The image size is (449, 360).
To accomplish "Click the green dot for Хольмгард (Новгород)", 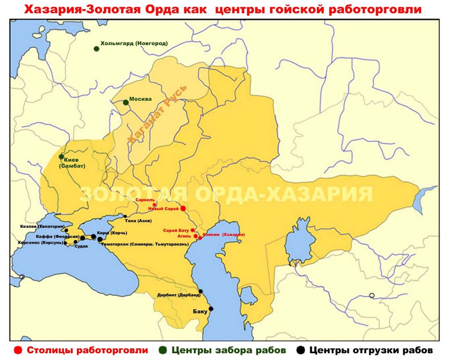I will pos(97,49).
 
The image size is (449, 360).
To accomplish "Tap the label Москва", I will pos(140,99).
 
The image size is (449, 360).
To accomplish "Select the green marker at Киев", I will pos(61,156).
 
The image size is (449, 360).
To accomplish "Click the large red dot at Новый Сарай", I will pos(183,208).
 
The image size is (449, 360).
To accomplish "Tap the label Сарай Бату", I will pos(176,230).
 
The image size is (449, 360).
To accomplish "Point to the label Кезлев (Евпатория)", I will pos(42,227).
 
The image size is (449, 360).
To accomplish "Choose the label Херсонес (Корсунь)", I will pos(40,242).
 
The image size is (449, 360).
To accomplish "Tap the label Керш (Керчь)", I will pos(112,233).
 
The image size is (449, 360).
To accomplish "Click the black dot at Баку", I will pos(211,309).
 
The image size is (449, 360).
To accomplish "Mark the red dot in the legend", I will pos(16,351).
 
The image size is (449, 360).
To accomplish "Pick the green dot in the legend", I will pos(163,351).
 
